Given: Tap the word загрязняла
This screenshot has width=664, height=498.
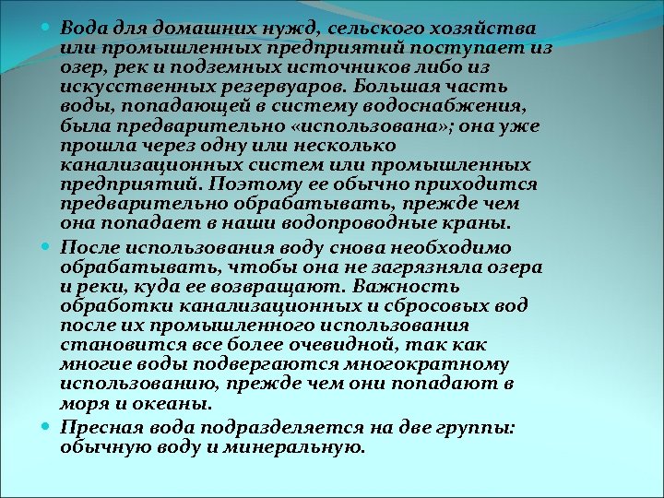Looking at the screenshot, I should click(x=425, y=267).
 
